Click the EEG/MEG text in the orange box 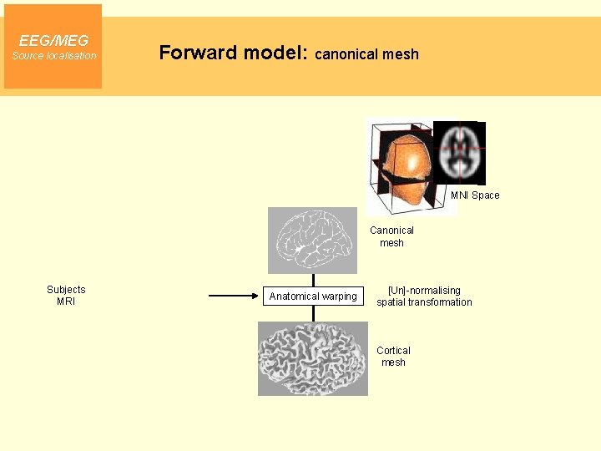click(x=53, y=40)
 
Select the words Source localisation click(x=53, y=56)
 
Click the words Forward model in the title click(x=233, y=53)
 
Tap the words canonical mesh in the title click(x=366, y=54)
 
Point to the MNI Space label click(x=475, y=195)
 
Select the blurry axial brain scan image click(x=458, y=153)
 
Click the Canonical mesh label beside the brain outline click(x=391, y=236)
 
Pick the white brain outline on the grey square click(x=312, y=240)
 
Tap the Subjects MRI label click(x=66, y=296)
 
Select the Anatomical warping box click(x=313, y=296)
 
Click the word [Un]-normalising click(x=424, y=291)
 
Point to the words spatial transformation click(x=424, y=302)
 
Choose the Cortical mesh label click(x=393, y=357)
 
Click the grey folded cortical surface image click(x=313, y=359)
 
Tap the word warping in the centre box click(x=338, y=296)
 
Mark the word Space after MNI click(x=486, y=195)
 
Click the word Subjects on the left click(x=66, y=290)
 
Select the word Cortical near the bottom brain click(x=393, y=351)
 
